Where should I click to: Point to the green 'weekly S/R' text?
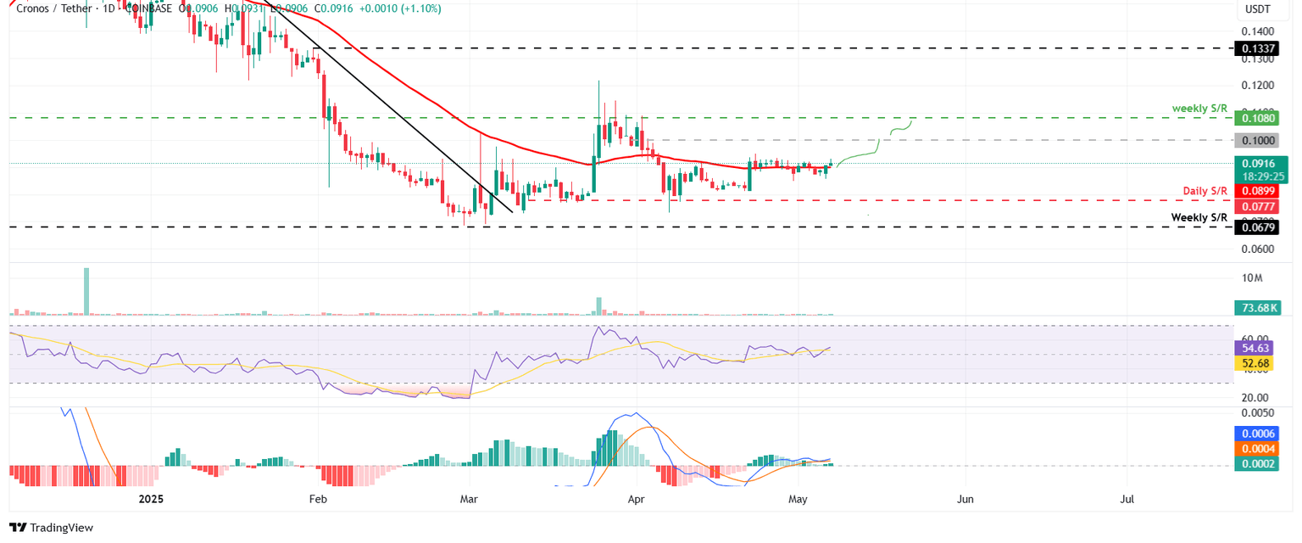1199,109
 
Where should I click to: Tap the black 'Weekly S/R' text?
1199,217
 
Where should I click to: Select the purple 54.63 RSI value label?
1256,348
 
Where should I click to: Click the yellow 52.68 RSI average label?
1256,363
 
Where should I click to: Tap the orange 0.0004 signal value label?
1256,449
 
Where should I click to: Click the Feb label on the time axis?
318,500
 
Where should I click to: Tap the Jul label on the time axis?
1127,500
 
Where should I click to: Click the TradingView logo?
51,527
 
